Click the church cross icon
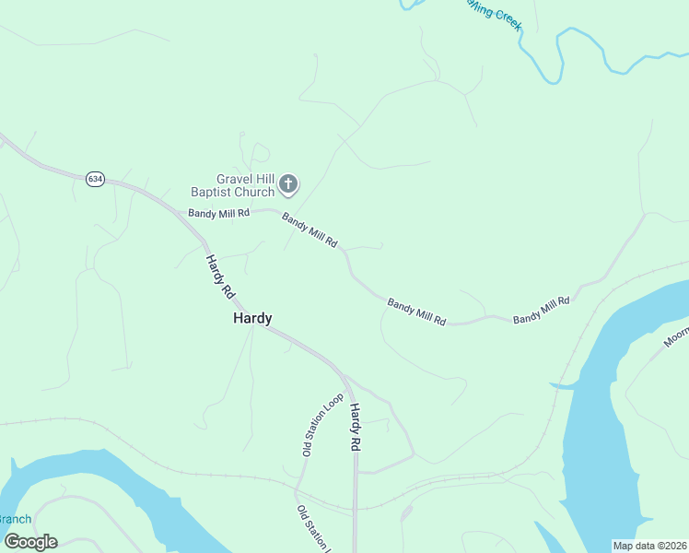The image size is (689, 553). [288, 184]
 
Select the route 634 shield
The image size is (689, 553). [95, 179]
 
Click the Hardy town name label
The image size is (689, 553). [252, 318]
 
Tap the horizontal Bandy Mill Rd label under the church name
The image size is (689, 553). [219, 213]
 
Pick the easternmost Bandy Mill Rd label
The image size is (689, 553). [542, 310]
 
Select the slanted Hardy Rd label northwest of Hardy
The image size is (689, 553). [220, 276]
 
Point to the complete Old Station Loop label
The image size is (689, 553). [322, 425]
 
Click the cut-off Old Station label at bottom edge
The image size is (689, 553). [312, 528]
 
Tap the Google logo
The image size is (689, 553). [30, 542]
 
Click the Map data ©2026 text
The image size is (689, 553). [649, 546]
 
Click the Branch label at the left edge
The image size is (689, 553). [15, 519]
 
